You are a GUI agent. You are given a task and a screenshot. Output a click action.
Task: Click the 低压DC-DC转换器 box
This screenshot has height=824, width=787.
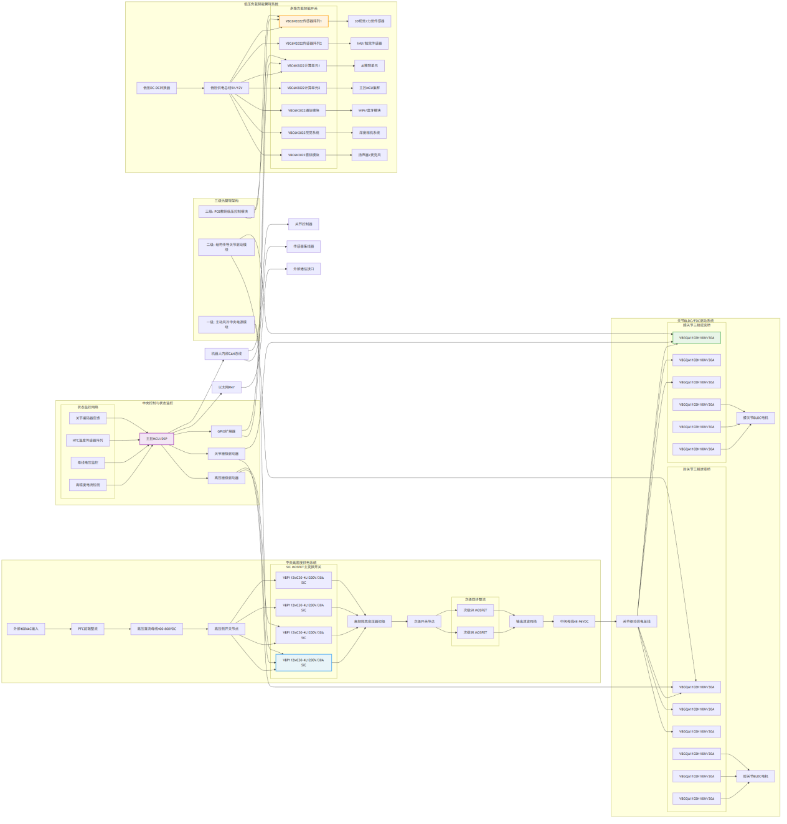[156, 88]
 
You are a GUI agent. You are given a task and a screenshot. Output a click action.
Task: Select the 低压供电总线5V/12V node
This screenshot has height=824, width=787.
[226, 88]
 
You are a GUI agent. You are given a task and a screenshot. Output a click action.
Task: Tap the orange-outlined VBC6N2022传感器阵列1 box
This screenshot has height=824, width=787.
[303, 21]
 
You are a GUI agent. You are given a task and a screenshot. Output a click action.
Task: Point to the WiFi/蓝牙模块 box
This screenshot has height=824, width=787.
[369, 110]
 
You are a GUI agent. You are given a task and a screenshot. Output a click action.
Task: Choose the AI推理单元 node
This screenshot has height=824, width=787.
[369, 65]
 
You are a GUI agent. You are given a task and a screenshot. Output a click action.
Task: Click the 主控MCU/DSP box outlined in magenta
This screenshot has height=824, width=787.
[156, 439]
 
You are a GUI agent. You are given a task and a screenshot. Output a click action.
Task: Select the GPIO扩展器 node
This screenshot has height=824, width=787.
[226, 431]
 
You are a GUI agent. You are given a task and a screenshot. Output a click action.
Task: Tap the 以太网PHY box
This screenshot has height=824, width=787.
[226, 387]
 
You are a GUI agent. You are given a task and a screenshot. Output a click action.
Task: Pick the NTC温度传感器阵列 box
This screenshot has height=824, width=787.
[88, 441]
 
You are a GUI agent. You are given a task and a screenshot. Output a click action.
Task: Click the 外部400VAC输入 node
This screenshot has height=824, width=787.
[26, 629]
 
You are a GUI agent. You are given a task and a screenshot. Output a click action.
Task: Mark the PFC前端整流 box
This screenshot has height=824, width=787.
[88, 629]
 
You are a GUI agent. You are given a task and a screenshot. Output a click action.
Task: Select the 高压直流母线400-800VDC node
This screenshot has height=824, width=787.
[156, 629]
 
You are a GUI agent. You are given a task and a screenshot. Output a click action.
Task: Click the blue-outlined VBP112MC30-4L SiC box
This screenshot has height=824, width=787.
[303, 662]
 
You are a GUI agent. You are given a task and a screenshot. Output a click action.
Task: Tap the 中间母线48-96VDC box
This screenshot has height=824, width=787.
[574, 621]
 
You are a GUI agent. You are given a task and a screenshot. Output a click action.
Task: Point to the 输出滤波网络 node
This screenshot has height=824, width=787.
[526, 621]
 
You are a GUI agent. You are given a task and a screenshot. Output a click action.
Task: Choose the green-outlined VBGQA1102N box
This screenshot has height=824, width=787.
[696, 338]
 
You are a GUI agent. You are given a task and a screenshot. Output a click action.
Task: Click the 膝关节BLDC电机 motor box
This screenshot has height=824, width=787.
[755, 418]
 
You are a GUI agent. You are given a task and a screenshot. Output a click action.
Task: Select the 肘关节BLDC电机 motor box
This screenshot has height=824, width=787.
[755, 776]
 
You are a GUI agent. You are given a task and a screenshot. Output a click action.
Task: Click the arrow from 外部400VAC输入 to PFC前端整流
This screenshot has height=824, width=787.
[58, 629]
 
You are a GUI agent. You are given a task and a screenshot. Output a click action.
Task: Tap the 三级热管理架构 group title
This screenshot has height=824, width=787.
[226, 201]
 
